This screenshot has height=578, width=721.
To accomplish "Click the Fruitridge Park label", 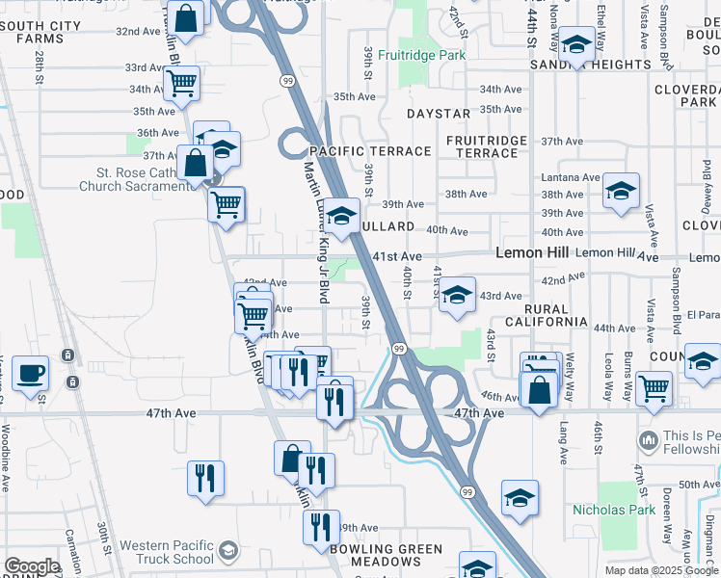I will pyautogui.click(x=421, y=55).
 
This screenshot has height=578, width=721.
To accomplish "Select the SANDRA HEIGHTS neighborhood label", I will pyautogui.click(x=591, y=65).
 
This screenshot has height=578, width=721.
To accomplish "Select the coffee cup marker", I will pyautogui.click(x=31, y=372).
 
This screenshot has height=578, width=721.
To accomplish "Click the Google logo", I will pyautogui.click(x=32, y=566).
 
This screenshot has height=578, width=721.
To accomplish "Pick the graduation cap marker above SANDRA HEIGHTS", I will pyautogui.click(x=576, y=43).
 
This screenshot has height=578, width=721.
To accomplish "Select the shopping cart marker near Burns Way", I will pyautogui.click(x=654, y=388).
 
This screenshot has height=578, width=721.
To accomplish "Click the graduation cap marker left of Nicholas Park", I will pyautogui.click(x=520, y=497).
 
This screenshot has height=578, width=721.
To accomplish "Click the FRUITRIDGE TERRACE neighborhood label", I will pyautogui.click(x=488, y=146).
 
